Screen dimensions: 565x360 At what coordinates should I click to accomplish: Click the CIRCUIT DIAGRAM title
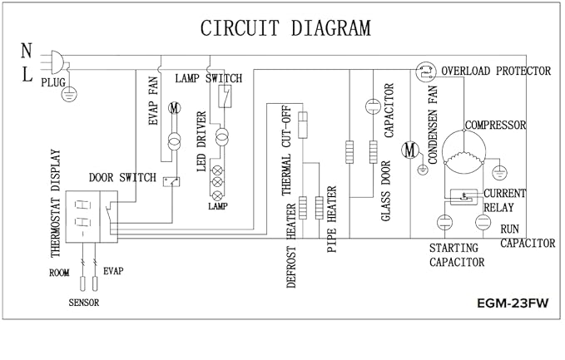285,28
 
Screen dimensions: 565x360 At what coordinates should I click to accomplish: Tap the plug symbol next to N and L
57,62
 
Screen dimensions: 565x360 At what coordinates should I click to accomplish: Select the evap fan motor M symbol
175,107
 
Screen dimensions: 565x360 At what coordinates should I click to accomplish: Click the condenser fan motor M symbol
410,150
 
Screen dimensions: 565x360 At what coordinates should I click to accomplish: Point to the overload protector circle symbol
426,72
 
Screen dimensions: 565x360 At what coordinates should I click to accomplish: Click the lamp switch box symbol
225,96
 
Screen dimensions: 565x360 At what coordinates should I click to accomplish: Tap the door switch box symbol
171,182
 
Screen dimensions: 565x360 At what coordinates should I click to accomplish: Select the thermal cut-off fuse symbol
303,125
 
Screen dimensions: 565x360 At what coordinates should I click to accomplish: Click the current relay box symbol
463,197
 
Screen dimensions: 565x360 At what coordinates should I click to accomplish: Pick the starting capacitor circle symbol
444,222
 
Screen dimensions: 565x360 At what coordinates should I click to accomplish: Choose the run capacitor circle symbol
483,222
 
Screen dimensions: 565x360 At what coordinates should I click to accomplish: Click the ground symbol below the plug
69,94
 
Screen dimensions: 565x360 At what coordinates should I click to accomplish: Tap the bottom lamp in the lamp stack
217,196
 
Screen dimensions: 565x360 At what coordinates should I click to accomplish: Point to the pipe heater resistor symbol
320,208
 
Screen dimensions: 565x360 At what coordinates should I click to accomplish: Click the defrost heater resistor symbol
303,208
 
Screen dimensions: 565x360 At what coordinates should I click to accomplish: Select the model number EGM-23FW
513,303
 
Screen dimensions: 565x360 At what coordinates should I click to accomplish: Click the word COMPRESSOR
495,126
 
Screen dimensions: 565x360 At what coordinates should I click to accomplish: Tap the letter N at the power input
27,51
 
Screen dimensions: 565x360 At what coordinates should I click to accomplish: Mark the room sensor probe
83,284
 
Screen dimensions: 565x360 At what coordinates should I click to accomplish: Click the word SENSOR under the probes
84,303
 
